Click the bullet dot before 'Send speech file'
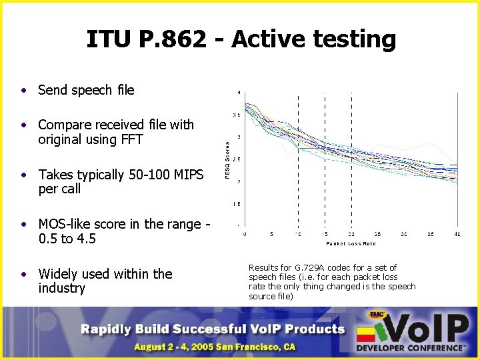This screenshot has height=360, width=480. click(x=23, y=90)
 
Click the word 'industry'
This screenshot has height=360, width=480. click(x=62, y=288)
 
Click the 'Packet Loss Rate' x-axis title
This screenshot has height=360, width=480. click(x=351, y=243)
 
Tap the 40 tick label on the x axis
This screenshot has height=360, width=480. click(x=457, y=234)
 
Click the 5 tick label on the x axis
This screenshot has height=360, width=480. click(x=271, y=234)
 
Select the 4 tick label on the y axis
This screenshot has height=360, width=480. click(x=239, y=91)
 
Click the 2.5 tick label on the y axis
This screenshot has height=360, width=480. click(x=237, y=159)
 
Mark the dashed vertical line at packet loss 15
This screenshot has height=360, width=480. click(x=325, y=160)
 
